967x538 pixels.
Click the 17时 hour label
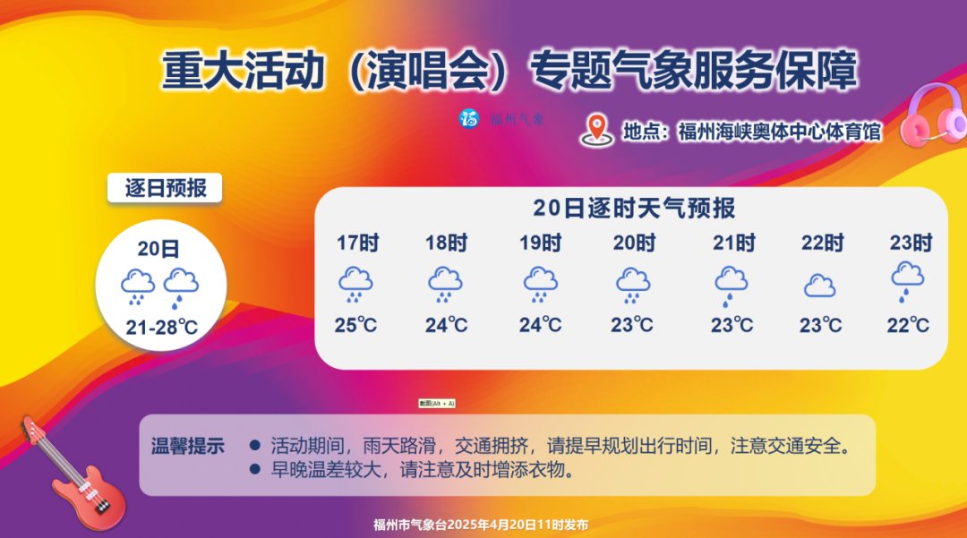click(357, 243)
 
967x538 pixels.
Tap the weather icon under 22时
click(819, 286)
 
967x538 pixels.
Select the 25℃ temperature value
click(355, 325)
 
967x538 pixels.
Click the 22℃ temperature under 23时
click(908, 325)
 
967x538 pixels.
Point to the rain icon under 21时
click(731, 286)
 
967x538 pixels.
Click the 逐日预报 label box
click(165, 188)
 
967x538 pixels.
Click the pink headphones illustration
click(932, 116)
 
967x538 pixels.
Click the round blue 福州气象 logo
click(469, 118)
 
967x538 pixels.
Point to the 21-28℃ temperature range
click(161, 328)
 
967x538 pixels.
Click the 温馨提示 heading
click(188, 446)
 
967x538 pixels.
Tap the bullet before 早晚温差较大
click(254, 469)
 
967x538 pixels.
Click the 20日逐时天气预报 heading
click(634, 209)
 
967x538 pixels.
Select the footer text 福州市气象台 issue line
click(481, 525)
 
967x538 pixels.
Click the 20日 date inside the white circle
click(158, 249)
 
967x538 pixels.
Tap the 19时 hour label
click(540, 243)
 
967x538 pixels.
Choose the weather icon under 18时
click(445, 285)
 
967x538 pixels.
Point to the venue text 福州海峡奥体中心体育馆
click(780, 132)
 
